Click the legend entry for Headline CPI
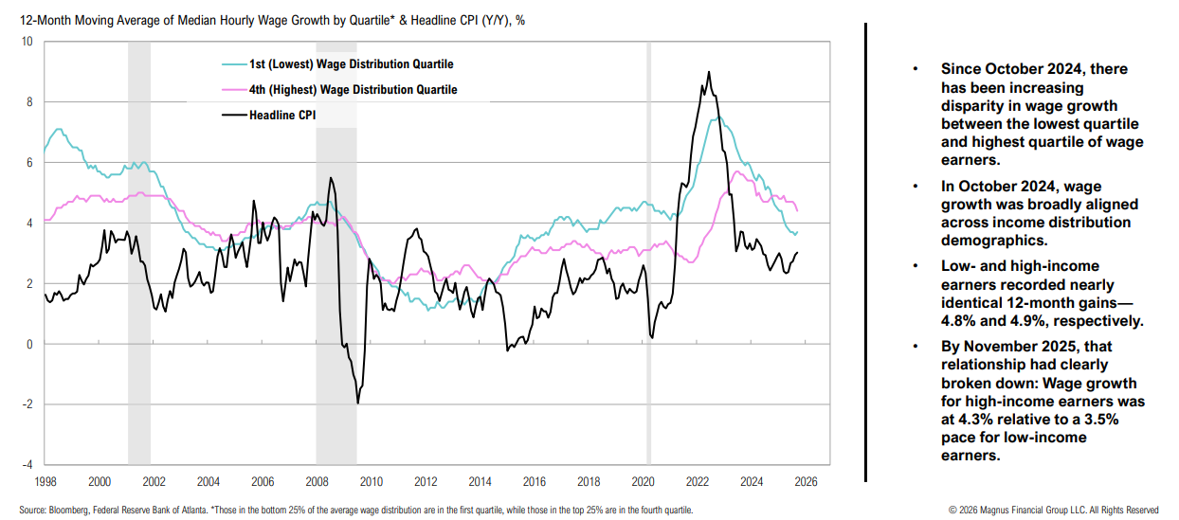[281, 116]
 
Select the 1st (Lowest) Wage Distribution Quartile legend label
[351, 64]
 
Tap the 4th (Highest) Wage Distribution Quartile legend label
[353, 90]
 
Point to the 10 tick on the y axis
[27, 42]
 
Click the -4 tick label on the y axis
[27, 465]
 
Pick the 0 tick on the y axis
[28, 344]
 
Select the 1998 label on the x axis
[45, 481]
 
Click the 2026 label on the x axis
[806, 481]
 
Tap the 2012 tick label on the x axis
[426, 481]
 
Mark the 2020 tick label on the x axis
[643, 481]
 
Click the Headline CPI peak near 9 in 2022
[709, 73]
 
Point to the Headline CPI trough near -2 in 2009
[358, 403]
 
